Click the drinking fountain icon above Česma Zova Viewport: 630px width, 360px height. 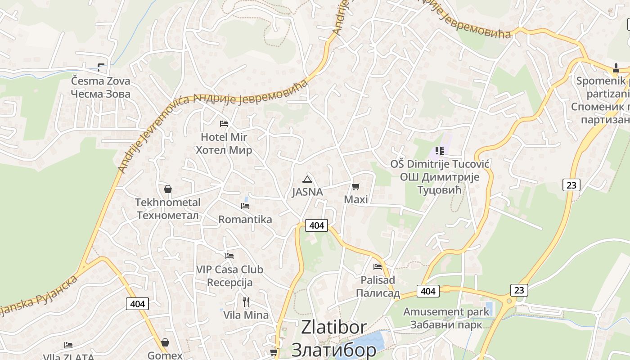pyautogui.click(x=100, y=67)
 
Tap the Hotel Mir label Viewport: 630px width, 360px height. pyautogui.click(x=224, y=137)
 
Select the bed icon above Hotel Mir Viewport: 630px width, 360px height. pyautogui.click(x=224, y=123)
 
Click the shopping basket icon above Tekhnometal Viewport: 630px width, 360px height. pyautogui.click(x=168, y=189)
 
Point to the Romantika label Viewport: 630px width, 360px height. pyautogui.click(x=245, y=219)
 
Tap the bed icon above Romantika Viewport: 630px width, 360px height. pyautogui.click(x=245, y=206)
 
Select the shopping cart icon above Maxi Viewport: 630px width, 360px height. pyautogui.click(x=356, y=186)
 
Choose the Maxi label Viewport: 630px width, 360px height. pyautogui.click(x=356, y=199)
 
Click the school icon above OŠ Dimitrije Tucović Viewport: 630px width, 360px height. pyautogui.click(x=440, y=151)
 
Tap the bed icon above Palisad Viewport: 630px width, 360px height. pyautogui.click(x=378, y=266)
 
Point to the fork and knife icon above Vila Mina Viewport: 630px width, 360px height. pyautogui.click(x=246, y=301)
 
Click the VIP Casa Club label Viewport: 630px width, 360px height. pyautogui.click(x=229, y=270)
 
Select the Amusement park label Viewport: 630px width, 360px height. pyautogui.click(x=446, y=311)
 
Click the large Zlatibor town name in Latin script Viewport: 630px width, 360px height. pyautogui.click(x=334, y=328)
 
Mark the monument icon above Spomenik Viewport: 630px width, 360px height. pyautogui.click(x=616, y=68)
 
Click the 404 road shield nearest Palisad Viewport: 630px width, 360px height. pyautogui.click(x=427, y=291)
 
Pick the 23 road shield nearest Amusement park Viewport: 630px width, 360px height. pyautogui.click(x=519, y=290)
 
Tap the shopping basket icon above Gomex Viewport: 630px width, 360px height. pyautogui.click(x=165, y=342)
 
